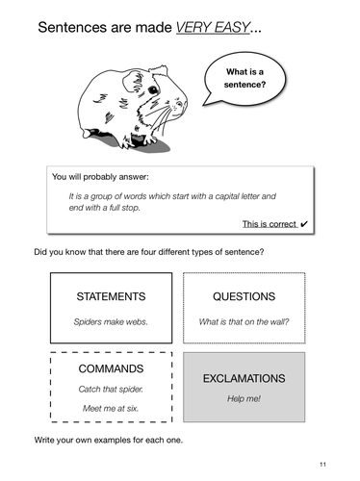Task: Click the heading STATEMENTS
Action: (x=112, y=296)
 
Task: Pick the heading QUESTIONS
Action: (x=244, y=296)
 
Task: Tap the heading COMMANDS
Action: (x=111, y=368)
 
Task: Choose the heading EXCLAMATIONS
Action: (x=244, y=379)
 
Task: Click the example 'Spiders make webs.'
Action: (x=111, y=321)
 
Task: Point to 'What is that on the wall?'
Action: (x=244, y=321)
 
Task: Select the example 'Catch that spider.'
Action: (x=111, y=390)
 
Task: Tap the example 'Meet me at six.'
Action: (x=111, y=409)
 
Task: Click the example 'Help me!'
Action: (x=244, y=399)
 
